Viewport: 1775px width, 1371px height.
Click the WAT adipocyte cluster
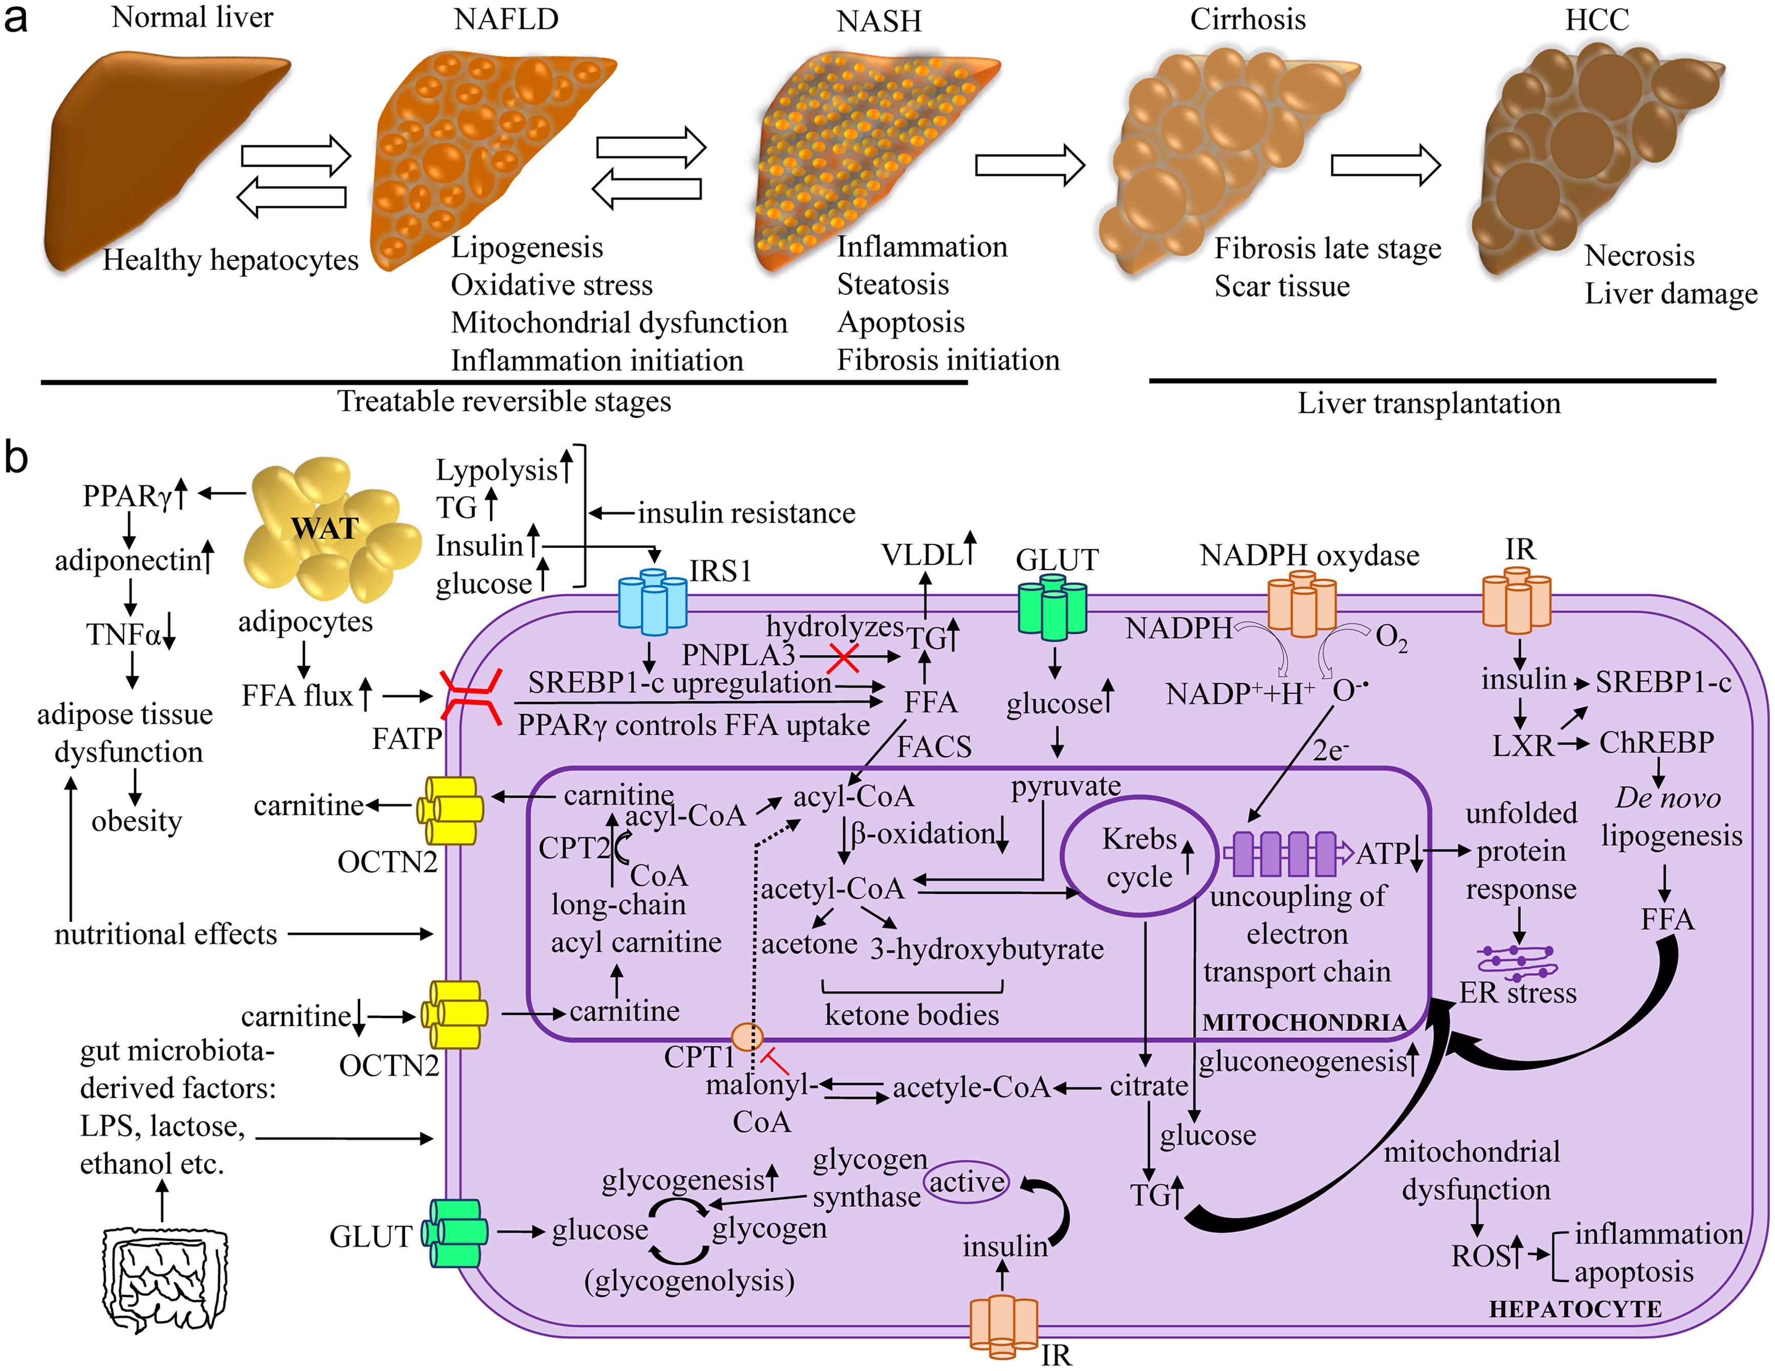329,528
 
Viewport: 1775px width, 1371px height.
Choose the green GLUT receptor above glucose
1053,606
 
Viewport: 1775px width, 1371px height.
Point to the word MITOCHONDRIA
1304,1022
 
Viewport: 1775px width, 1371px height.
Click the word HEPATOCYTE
1574,1308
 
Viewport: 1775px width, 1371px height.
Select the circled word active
966,1181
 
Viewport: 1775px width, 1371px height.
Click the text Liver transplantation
1428,403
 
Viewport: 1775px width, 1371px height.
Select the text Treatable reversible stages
504,402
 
